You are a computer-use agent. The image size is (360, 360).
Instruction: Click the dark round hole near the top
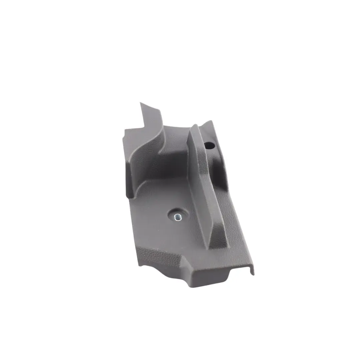[209, 145]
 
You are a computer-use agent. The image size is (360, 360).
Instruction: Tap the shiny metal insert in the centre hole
[177, 217]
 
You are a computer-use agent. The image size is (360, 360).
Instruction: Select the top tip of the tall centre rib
[194, 127]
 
